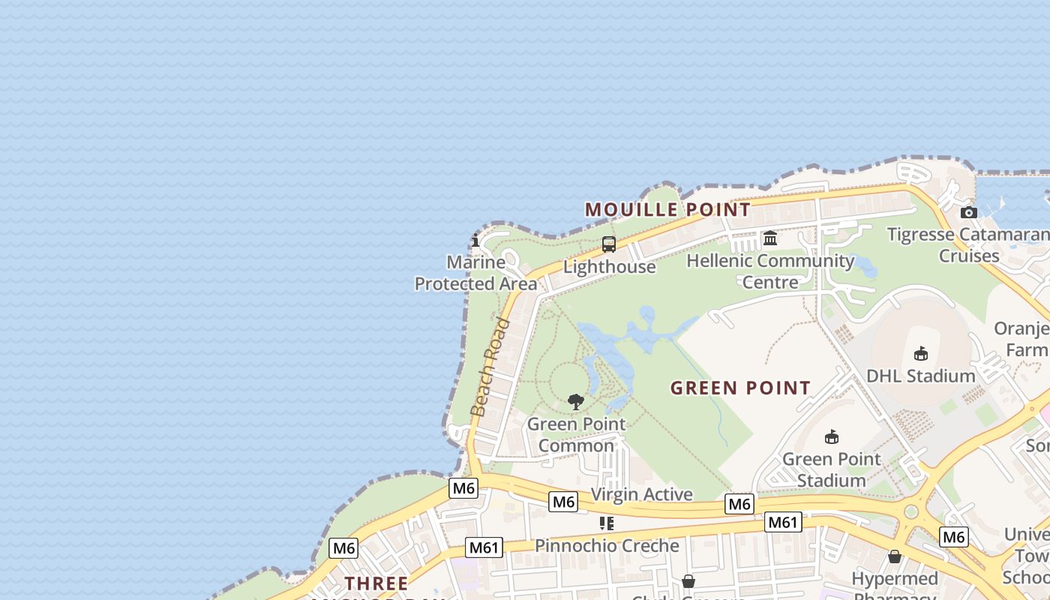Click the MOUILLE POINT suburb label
click(x=667, y=210)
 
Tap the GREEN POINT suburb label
click(x=740, y=388)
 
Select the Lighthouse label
click(x=609, y=267)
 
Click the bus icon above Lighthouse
click(x=609, y=244)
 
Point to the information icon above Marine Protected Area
click(x=475, y=240)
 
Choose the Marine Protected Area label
click(x=476, y=273)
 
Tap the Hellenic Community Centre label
click(x=770, y=271)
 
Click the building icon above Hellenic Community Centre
click(x=770, y=238)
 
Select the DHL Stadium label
click(x=921, y=375)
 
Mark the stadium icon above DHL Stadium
click(x=921, y=353)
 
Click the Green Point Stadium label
click(x=831, y=469)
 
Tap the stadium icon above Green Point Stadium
click(x=831, y=436)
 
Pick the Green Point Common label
click(x=576, y=434)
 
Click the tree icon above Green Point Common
click(x=576, y=402)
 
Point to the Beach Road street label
click(x=490, y=367)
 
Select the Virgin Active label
click(x=641, y=494)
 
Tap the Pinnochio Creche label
click(x=607, y=545)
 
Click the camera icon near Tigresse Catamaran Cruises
click(x=969, y=212)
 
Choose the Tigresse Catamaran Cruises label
click(x=968, y=245)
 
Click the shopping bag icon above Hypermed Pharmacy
click(x=895, y=556)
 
